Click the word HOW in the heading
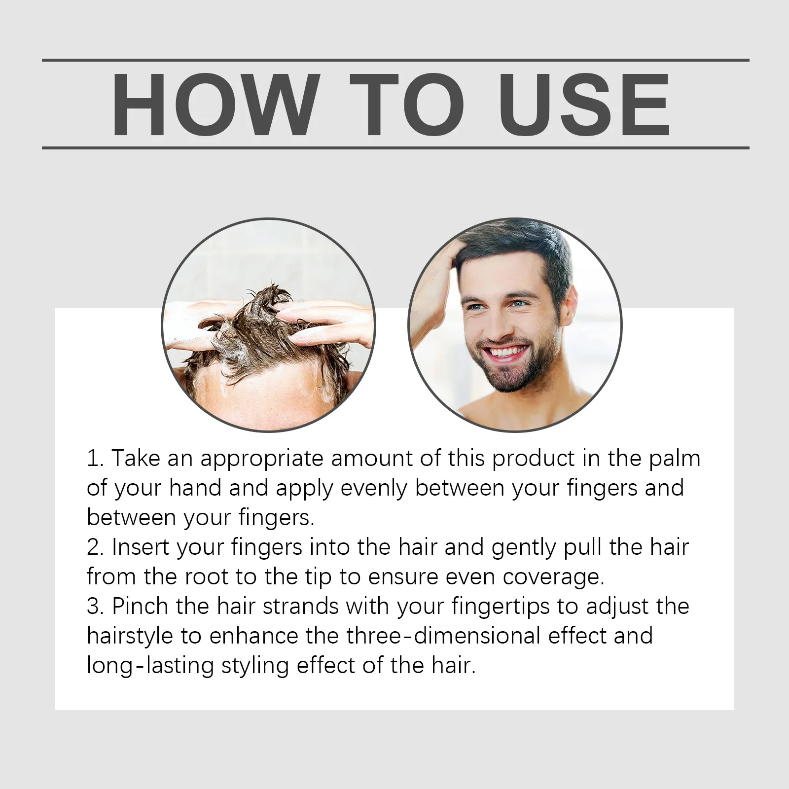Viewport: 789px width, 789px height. (214, 105)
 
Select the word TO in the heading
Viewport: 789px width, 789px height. (407, 105)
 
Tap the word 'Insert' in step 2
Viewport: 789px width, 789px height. (141, 547)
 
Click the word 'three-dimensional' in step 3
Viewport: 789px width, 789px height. (443, 636)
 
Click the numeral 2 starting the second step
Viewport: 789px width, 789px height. (93, 548)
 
